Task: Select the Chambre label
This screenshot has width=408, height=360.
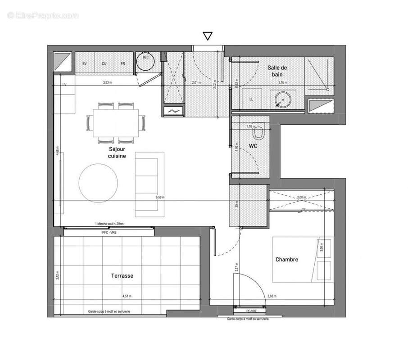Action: pyautogui.click(x=287, y=260)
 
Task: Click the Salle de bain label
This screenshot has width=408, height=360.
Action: pyautogui.click(x=277, y=71)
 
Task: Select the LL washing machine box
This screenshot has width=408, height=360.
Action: pyautogui.click(x=251, y=99)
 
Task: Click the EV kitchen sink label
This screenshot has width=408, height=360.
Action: pyautogui.click(x=84, y=63)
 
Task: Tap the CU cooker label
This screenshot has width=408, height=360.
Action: pyautogui.click(x=104, y=63)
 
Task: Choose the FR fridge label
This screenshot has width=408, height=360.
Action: pyautogui.click(x=123, y=63)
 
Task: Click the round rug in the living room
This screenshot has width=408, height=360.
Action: pyautogui.click(x=99, y=182)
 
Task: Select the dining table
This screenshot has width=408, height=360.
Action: pyautogui.click(x=115, y=122)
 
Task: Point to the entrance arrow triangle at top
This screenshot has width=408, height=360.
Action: pyautogui.click(x=207, y=36)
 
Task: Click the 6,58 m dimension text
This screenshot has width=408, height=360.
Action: pyautogui.click(x=160, y=197)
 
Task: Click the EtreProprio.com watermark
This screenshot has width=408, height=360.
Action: pyautogui.click(x=43, y=16)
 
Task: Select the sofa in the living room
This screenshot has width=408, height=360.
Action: pyautogui.click(x=150, y=184)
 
